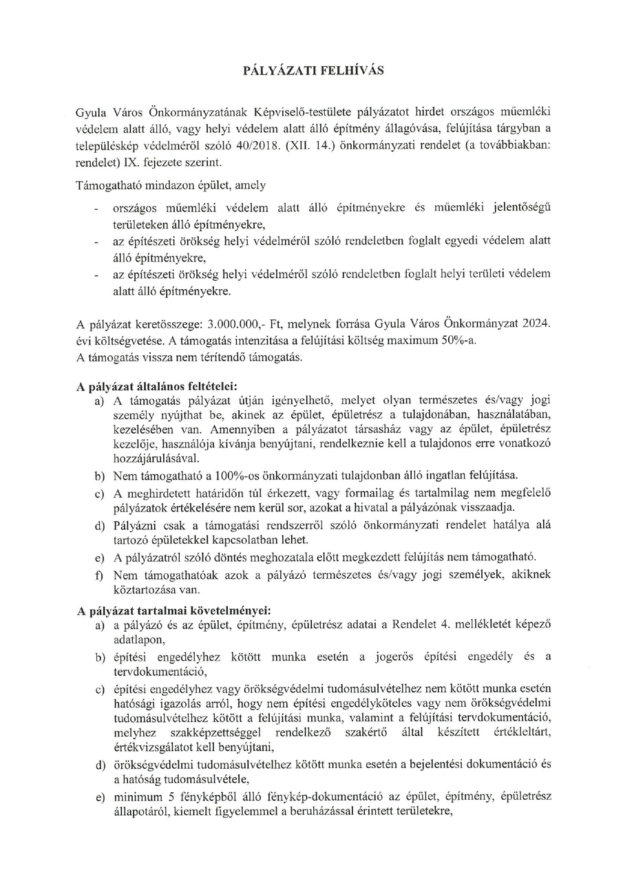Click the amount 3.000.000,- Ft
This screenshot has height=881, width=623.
[222, 323]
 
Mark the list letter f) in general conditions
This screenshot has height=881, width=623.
[100, 574]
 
